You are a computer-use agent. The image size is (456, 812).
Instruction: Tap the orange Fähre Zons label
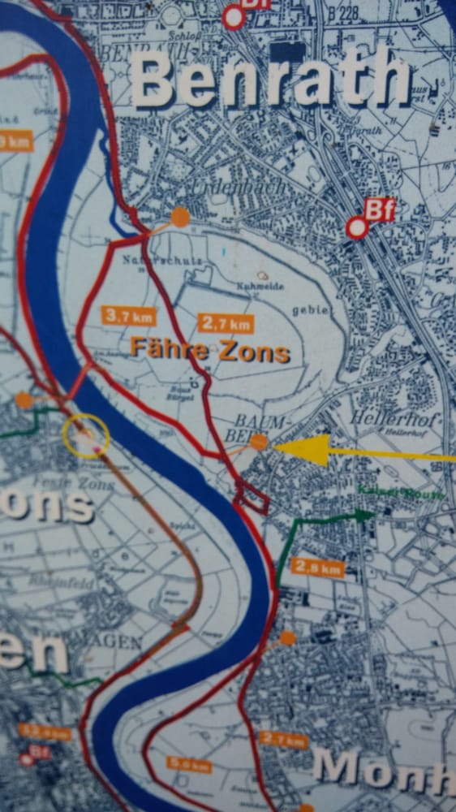point(210,352)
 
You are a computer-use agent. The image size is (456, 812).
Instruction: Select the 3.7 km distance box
point(129,315)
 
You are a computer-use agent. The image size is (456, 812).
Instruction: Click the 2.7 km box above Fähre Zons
point(226,323)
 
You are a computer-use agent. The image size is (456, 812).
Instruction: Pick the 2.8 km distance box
point(317,567)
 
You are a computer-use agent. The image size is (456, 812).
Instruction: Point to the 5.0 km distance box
point(190,764)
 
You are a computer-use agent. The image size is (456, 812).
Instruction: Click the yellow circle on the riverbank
point(85,436)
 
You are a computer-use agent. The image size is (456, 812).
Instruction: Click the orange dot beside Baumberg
point(258,442)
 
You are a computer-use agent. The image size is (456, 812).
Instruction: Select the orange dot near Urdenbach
point(180,217)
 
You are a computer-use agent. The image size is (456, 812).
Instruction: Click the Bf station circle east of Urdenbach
point(356,228)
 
